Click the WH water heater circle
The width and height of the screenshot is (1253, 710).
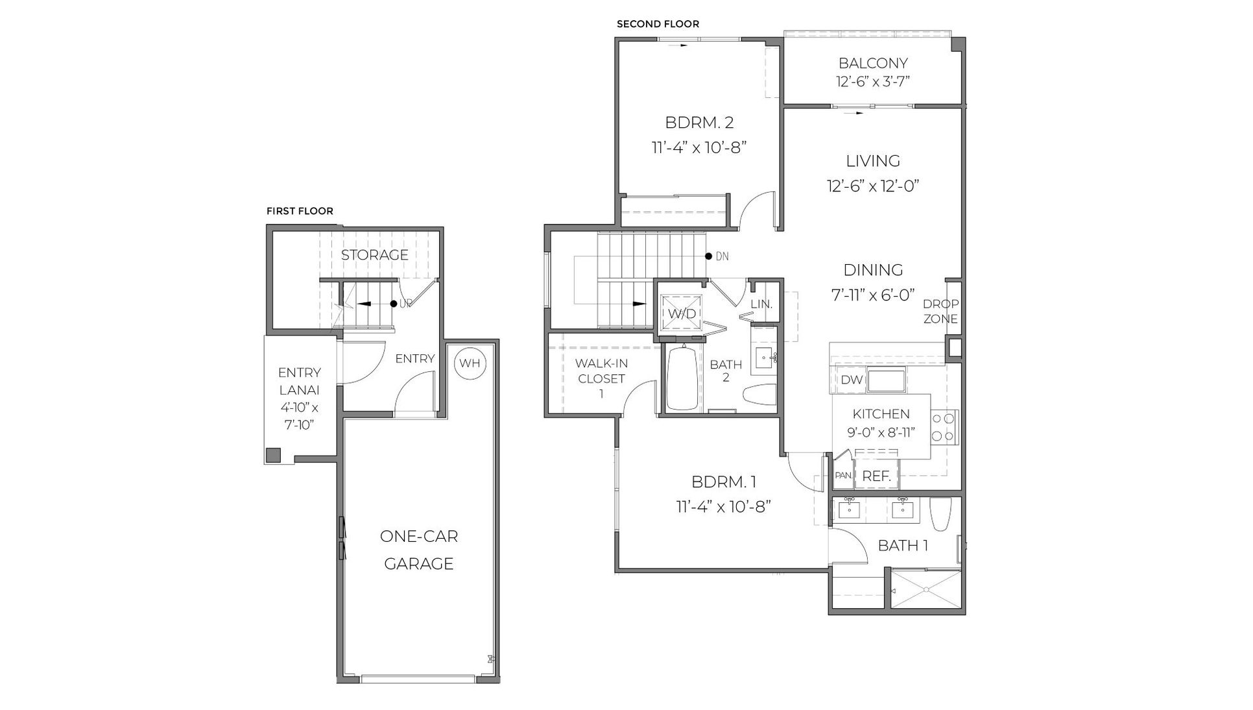pos(470,363)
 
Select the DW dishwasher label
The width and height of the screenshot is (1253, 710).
pos(851,380)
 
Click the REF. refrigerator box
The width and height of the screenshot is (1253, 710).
pos(876,476)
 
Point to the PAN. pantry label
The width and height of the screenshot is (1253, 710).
pos(842,476)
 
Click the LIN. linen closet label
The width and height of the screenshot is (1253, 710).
pos(761,304)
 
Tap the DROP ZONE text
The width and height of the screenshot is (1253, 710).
pos(940,312)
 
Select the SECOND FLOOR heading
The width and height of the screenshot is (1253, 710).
pos(658,24)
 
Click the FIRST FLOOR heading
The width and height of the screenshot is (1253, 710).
pos(300,211)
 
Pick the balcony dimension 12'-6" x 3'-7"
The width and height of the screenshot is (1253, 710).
pos(873,82)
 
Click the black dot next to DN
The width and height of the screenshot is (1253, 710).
pos(709,256)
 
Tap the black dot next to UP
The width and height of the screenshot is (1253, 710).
pos(393,304)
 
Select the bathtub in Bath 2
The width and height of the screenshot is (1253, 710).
pos(682,379)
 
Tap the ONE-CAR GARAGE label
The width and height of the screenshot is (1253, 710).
pos(419,550)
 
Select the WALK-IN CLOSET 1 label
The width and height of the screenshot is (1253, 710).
pos(601,378)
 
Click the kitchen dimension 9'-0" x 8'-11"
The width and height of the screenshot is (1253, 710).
pos(881,432)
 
